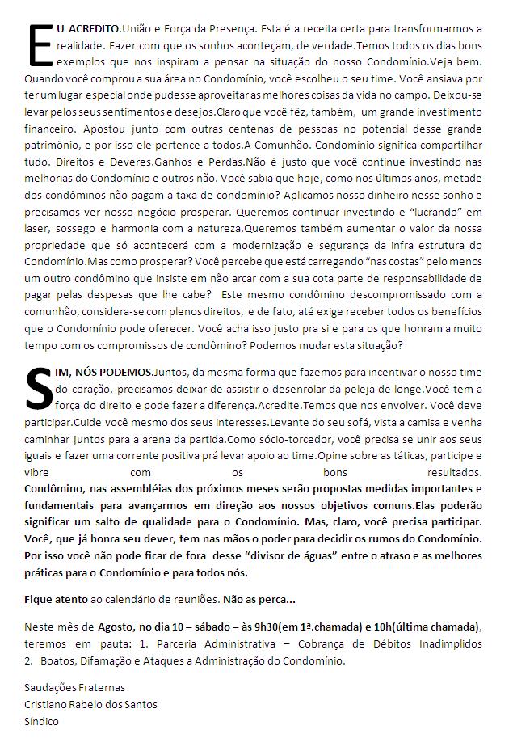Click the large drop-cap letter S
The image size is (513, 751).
coord(40,388)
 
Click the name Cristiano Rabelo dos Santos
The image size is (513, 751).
coord(90,704)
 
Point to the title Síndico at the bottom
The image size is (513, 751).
coord(41,721)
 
